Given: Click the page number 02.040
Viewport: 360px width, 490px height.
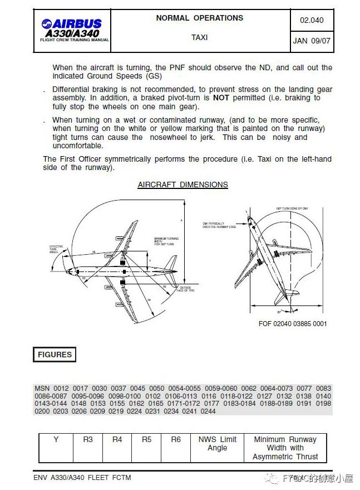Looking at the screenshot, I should (x=311, y=21).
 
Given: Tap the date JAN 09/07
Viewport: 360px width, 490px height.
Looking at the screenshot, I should (x=311, y=41).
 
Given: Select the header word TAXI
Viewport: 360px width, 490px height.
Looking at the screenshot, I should (x=199, y=37).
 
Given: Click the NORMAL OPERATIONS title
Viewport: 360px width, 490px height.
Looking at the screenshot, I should (x=199, y=18).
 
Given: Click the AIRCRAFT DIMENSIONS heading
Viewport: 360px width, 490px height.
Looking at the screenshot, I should (x=183, y=185).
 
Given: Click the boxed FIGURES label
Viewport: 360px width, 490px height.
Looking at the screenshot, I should (x=55, y=355).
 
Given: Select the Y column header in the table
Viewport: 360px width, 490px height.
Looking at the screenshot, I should (x=56, y=439).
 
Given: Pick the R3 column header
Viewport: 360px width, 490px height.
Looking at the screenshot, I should (x=88, y=439).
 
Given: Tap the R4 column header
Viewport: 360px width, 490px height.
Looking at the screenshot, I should (x=117, y=439).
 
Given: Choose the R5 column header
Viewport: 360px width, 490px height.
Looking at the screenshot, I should (x=146, y=439).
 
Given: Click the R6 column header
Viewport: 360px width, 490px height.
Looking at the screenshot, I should (x=176, y=439).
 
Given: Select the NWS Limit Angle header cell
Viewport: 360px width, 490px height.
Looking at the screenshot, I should (x=217, y=443).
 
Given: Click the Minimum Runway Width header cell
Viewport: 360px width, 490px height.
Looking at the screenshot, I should (x=285, y=448).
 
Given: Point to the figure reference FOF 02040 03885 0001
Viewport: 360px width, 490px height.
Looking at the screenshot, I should (x=293, y=323).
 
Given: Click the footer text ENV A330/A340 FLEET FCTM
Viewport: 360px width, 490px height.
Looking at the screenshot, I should (x=82, y=477).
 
